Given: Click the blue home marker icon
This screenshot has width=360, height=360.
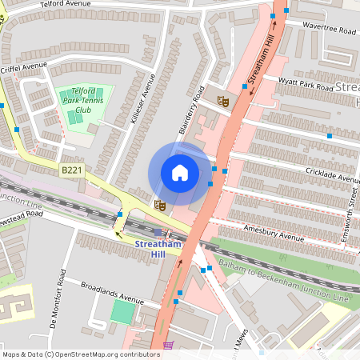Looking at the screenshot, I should pyautogui.click(x=180, y=173).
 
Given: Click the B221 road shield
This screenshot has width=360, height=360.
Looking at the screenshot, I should pyautogui.click(x=70, y=170).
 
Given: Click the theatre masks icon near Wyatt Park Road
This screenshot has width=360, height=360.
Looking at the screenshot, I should pyautogui.click(x=223, y=101).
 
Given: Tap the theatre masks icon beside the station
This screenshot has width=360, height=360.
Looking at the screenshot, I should pyautogui.click(x=159, y=206).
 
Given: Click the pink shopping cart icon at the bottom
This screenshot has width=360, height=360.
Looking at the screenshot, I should pyautogui.click(x=168, y=346).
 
